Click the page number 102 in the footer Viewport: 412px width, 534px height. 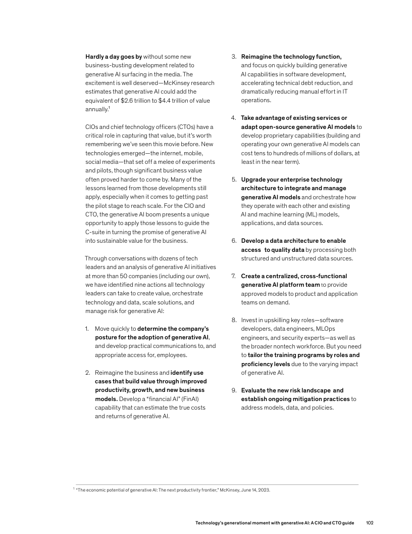pyautogui.click(x=369, y=522)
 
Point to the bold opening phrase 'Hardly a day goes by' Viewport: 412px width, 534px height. pyautogui.click(x=114, y=56)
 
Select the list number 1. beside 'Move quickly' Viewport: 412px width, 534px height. pyautogui.click(x=87, y=329)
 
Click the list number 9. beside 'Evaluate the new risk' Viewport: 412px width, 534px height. pyautogui.click(x=234, y=390)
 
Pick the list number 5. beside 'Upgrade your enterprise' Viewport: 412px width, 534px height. pyautogui.click(x=234, y=180)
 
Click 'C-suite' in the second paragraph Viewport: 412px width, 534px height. pyautogui.click(x=96, y=232)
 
